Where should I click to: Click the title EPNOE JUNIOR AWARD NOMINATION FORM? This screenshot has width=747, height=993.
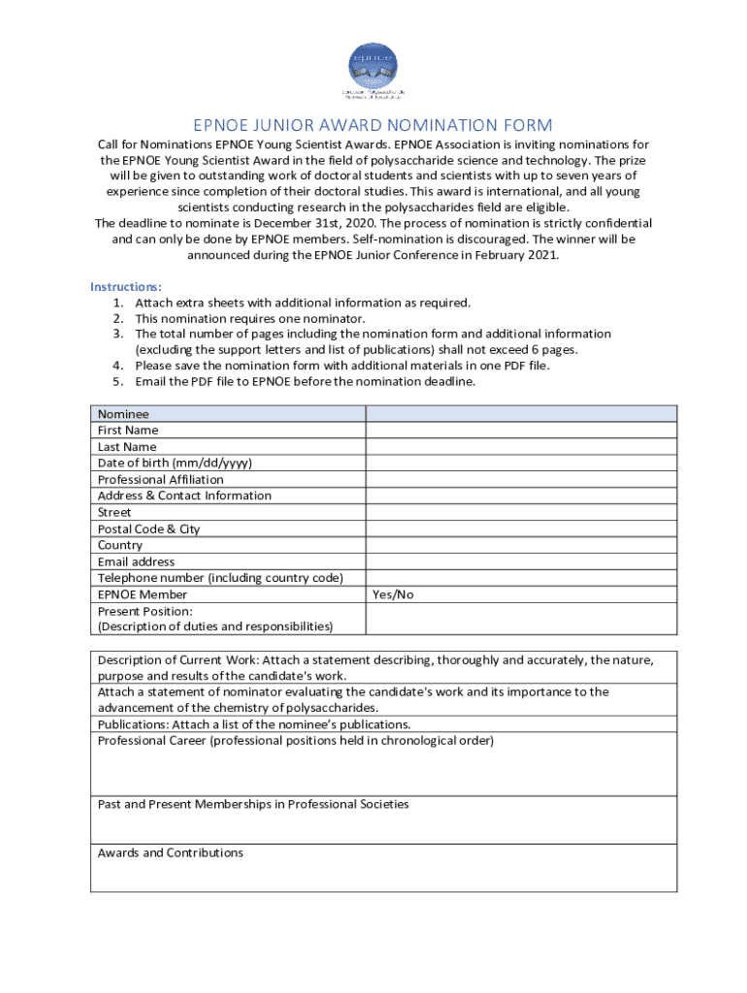tap(373, 125)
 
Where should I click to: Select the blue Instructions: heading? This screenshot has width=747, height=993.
tap(126, 286)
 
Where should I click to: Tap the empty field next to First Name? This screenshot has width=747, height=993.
tap(521, 430)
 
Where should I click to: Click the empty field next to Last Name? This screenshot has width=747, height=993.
tap(521, 446)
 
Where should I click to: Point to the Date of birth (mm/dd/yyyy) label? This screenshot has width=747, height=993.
tap(175, 463)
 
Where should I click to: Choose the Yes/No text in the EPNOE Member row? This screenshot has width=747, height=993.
tap(393, 594)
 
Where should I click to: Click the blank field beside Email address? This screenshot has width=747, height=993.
tap(521, 561)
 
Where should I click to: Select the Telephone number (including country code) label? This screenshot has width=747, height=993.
tap(220, 578)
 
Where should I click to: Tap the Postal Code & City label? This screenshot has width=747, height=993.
tap(148, 529)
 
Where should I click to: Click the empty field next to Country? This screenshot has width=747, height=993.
tap(521, 545)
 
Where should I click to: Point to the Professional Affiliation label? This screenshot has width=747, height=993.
tap(160, 479)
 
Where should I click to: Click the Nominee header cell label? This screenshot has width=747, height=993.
tap(123, 413)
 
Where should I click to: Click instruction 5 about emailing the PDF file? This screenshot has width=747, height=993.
tap(305, 381)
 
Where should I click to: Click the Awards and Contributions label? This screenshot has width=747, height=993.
tap(170, 852)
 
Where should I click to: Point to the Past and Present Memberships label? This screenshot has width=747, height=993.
tap(252, 804)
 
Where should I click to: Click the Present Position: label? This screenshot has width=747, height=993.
tap(145, 611)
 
